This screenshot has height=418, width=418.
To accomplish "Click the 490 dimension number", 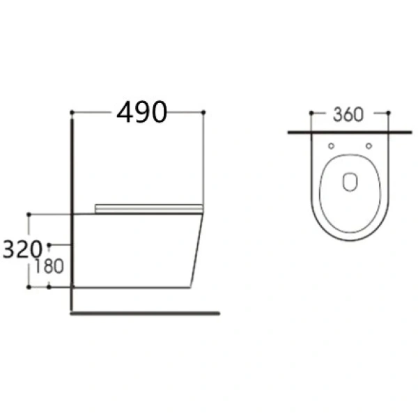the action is coord(142,112).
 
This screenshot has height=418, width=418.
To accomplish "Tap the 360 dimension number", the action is coord(348,115).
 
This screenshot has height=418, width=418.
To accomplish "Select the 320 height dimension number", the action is coord(22,249).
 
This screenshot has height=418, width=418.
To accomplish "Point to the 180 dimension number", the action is coord(49,266).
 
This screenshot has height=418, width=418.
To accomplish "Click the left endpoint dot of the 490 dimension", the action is coord(72,112).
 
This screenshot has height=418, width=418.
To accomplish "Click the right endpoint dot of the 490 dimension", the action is coord(203,112).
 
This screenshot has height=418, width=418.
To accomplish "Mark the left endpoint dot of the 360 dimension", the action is coord(311,113).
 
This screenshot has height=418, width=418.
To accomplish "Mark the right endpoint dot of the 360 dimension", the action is coord(388,113).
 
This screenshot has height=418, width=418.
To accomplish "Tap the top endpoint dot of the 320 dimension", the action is coord(29,215).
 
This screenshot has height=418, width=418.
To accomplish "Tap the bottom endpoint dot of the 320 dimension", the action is coord(29,287).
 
